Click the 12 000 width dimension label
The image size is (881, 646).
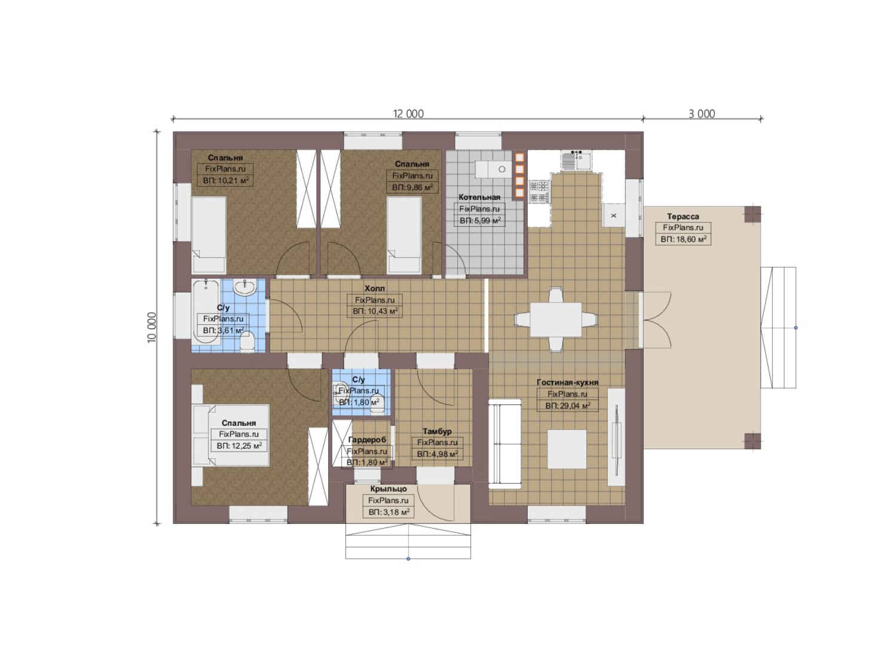coord(408,114)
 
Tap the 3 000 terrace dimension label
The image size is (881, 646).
coord(702,114)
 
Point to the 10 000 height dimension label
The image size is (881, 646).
coord(152,328)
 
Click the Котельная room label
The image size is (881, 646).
coord(479,197)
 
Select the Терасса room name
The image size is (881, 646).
coord(683,217)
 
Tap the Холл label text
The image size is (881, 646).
coord(374,288)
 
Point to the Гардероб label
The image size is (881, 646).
coord(367,440)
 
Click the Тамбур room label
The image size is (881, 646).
coord(437,431)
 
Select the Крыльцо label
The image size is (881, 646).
coord(388,489)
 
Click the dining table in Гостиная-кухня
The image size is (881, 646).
coord(555,319)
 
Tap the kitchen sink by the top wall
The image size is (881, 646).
coord(576,160)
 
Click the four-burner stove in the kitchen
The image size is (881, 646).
coord(539,191)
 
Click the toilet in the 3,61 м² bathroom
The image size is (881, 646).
coord(247,341)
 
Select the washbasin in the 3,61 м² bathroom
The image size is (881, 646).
coord(245,287)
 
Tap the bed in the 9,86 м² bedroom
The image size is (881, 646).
coord(404,236)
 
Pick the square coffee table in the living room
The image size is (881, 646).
coord(567,449)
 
